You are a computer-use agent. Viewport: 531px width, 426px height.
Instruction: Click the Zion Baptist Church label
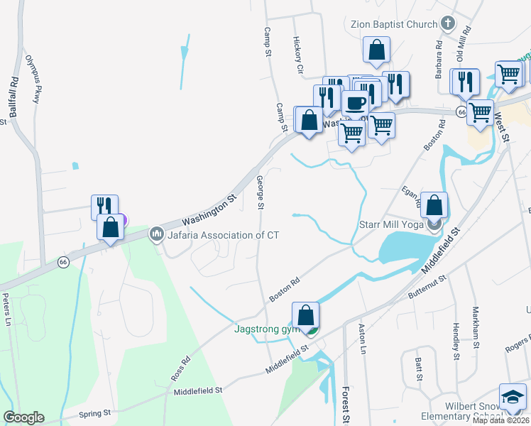(394, 24)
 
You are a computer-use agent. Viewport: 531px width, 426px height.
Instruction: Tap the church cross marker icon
(447, 24)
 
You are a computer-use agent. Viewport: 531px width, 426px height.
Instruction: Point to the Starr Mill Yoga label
(388, 226)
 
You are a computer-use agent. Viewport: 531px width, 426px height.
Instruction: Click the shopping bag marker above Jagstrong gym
(305, 315)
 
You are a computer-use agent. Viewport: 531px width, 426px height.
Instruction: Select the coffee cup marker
(355, 102)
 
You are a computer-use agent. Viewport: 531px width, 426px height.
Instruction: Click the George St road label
(260, 192)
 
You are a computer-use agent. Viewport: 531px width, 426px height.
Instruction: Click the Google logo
(23, 417)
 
